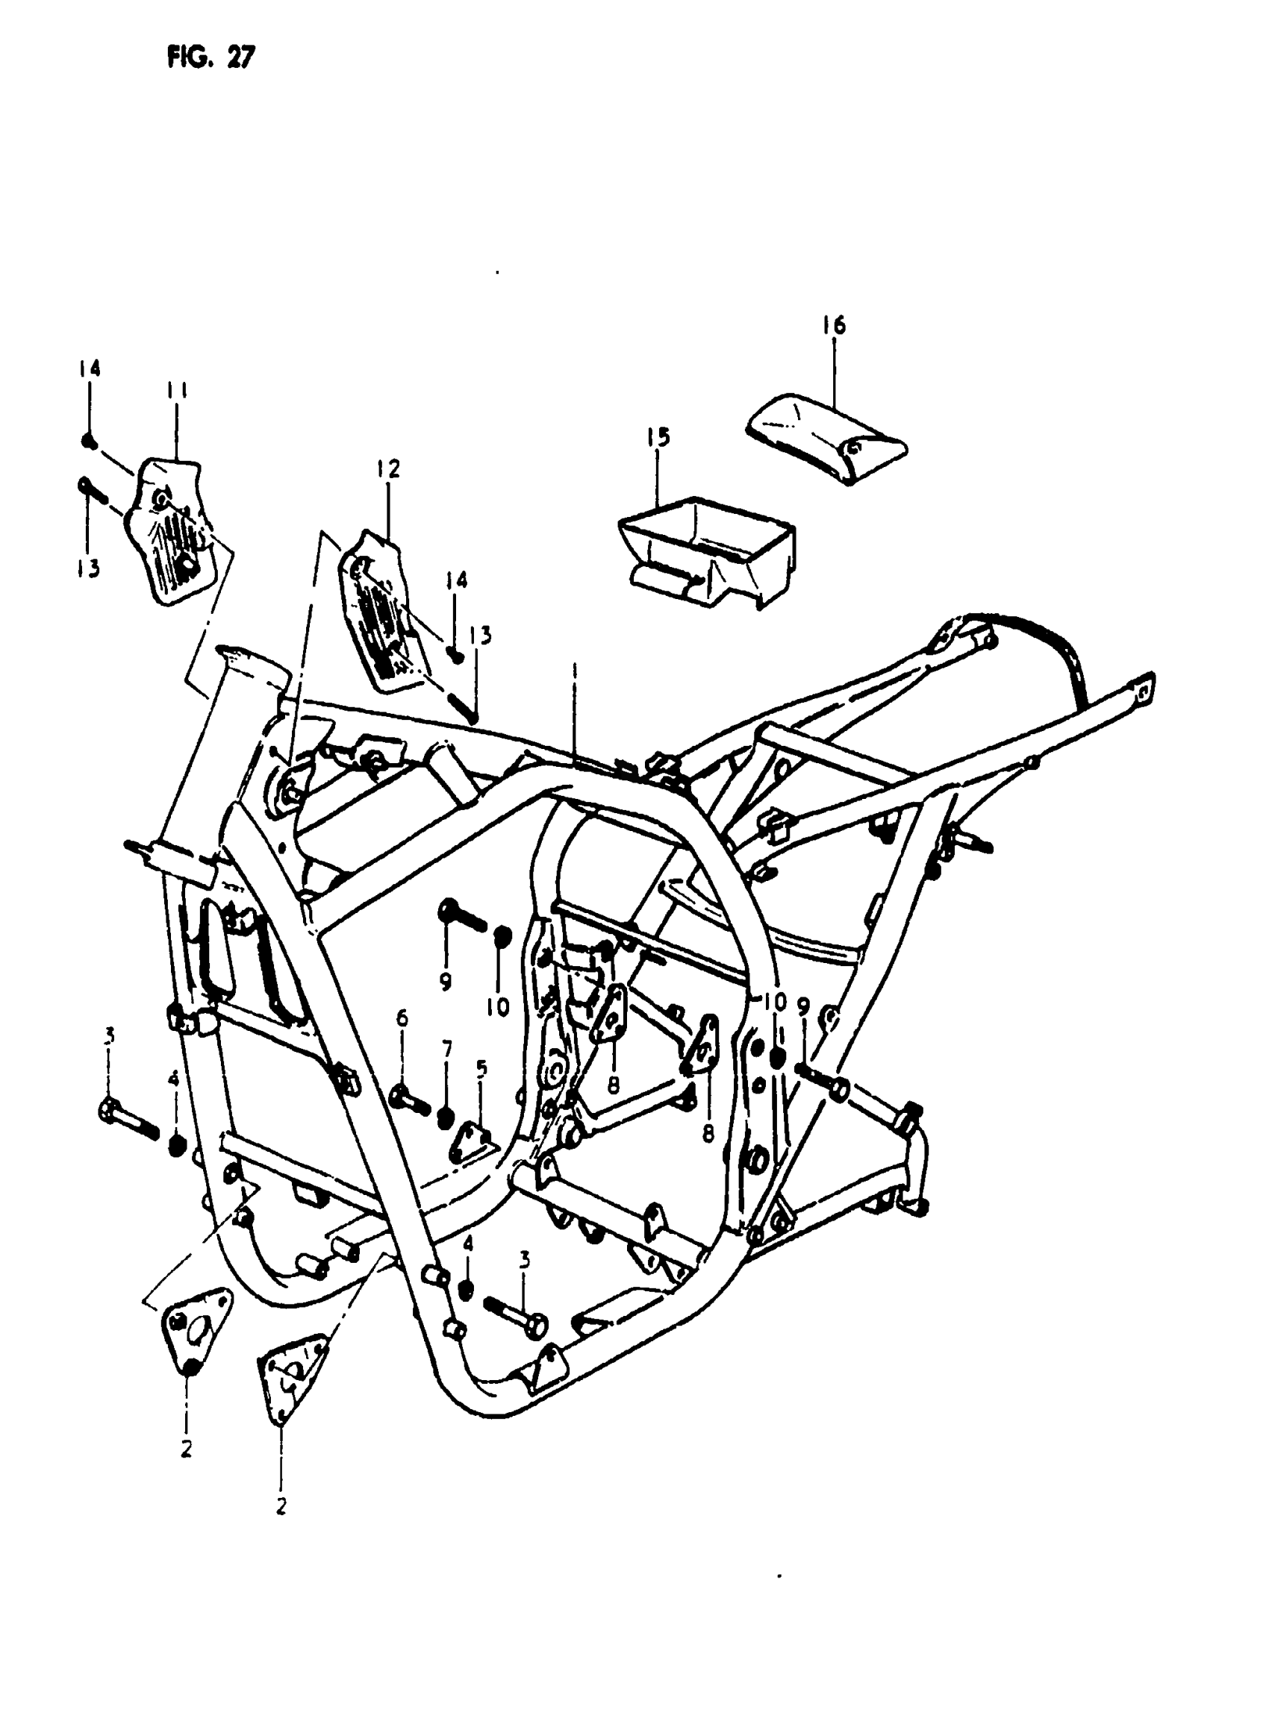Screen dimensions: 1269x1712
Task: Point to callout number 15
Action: (658, 437)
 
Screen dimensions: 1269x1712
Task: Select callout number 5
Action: (481, 1068)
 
